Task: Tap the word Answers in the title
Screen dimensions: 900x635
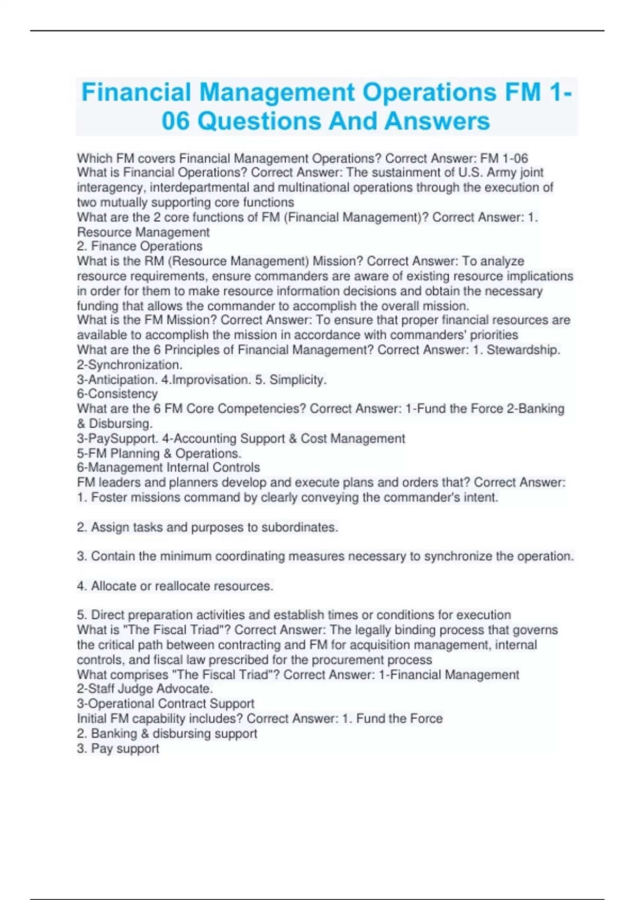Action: (437, 121)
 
